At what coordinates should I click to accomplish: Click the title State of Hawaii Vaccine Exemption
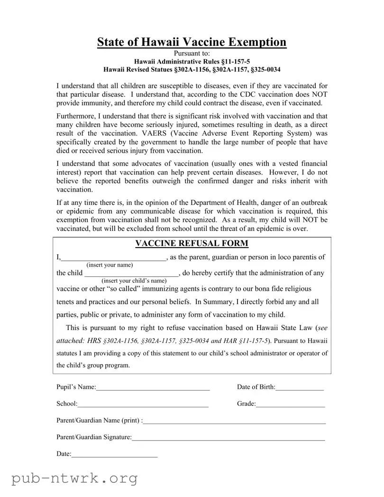coord(192,42)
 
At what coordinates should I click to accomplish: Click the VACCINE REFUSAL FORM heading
coord(192,243)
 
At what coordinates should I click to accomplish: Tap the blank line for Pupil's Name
coord(153,388)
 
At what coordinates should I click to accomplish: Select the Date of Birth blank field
coord(299,388)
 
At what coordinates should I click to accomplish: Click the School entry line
coord(143,405)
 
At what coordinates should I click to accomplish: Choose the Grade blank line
coord(290,405)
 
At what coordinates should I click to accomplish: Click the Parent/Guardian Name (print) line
coord(234,421)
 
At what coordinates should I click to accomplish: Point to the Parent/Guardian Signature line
coord(228,438)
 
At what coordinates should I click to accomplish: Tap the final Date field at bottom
coord(114,455)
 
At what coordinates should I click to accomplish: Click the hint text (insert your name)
coord(110,265)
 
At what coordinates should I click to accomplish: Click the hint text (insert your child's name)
coord(134,281)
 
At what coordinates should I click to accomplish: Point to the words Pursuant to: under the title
coord(192,54)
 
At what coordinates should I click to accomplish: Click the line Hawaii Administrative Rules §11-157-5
coord(192,62)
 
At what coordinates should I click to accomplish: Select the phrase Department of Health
coord(214,202)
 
